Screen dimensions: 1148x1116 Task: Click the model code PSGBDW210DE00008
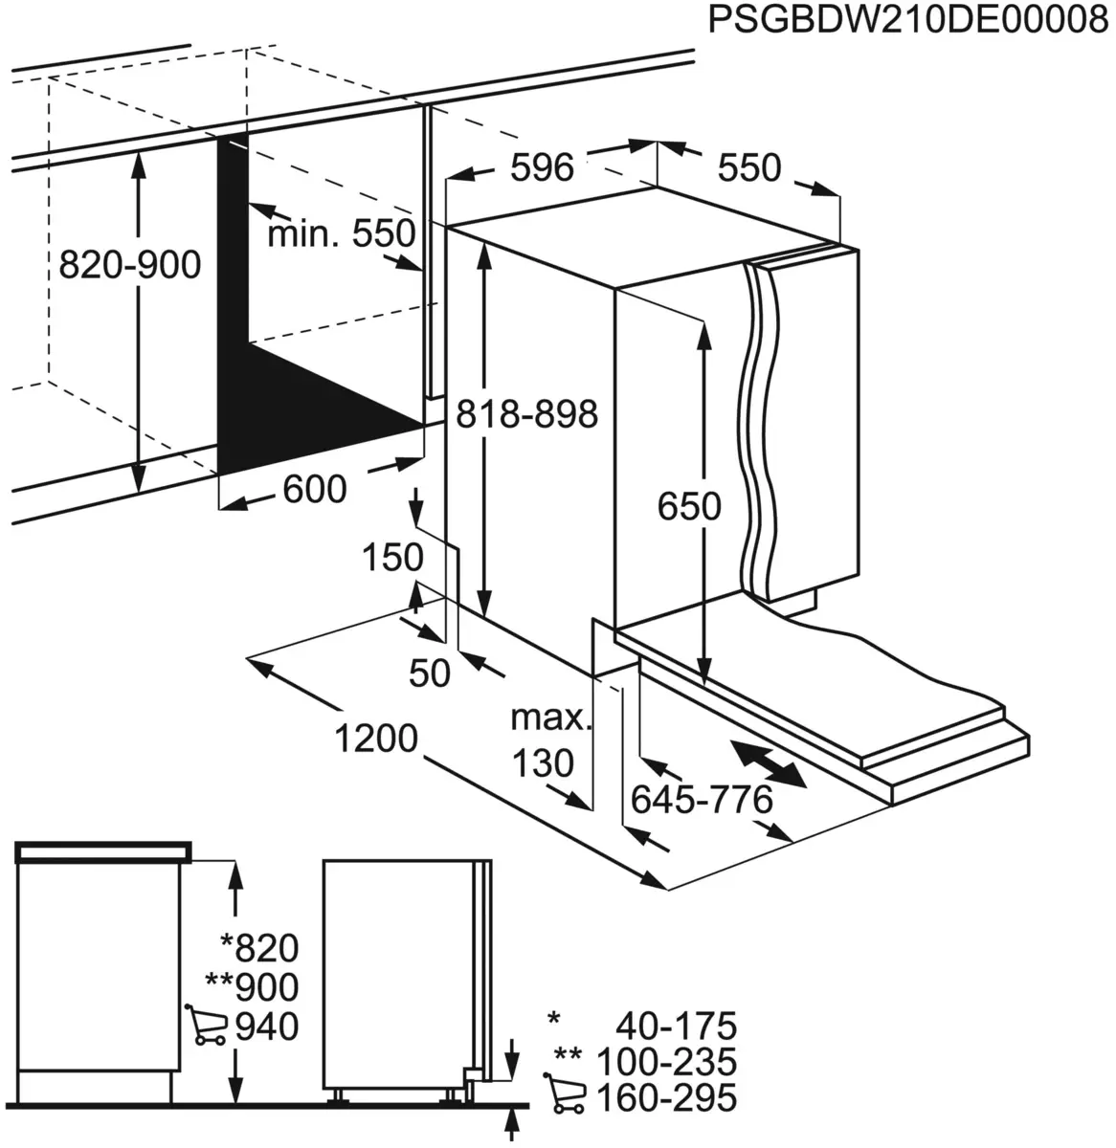pos(906,21)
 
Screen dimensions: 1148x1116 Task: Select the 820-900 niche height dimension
pos(130,264)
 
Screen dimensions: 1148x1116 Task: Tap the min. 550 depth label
pos(342,232)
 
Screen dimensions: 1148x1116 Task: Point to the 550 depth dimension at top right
pos(749,168)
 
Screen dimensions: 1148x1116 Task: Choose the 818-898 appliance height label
pos(526,414)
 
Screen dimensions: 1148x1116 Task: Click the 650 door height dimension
pos(689,505)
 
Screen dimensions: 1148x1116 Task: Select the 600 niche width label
pos(314,490)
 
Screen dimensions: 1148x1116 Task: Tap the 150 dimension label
pos(392,557)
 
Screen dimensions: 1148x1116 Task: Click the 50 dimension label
pos(429,673)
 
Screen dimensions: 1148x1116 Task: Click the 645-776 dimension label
pos(702,799)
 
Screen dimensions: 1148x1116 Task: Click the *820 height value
pos(259,948)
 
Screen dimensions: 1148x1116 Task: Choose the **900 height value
pos(252,986)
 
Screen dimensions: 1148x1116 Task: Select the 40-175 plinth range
pos(677,1027)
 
